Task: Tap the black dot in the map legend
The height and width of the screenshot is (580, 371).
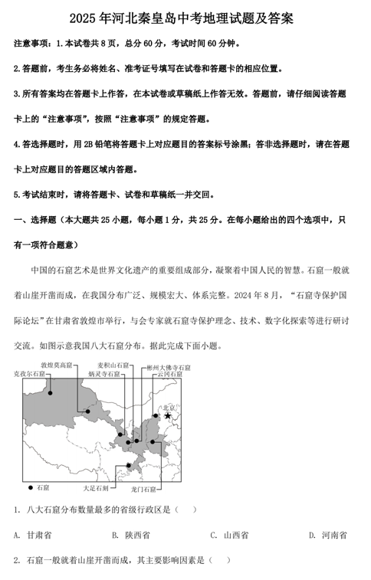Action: pyautogui.click(x=31, y=487)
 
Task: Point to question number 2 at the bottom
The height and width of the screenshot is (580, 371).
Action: pyautogui.click(x=16, y=560)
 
